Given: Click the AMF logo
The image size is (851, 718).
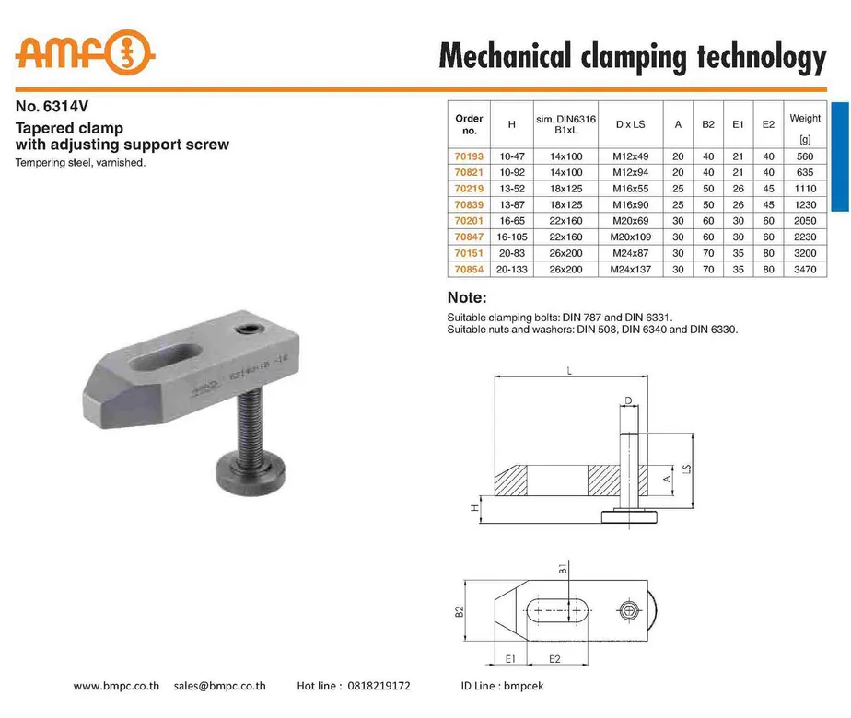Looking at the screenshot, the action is tap(86, 52).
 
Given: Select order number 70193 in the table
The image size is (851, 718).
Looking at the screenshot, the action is tap(469, 156).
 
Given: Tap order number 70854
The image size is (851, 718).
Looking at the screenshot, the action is tap(469, 269).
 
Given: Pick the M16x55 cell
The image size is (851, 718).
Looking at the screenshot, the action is tap(631, 189).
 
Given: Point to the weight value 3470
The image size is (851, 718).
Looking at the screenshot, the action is tap(805, 269).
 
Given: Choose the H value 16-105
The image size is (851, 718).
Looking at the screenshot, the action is tap(512, 237).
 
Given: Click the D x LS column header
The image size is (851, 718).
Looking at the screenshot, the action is tap(631, 124).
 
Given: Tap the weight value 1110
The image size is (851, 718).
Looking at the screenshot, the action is tap(805, 189).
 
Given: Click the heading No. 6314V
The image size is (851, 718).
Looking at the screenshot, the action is tap(52, 106).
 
